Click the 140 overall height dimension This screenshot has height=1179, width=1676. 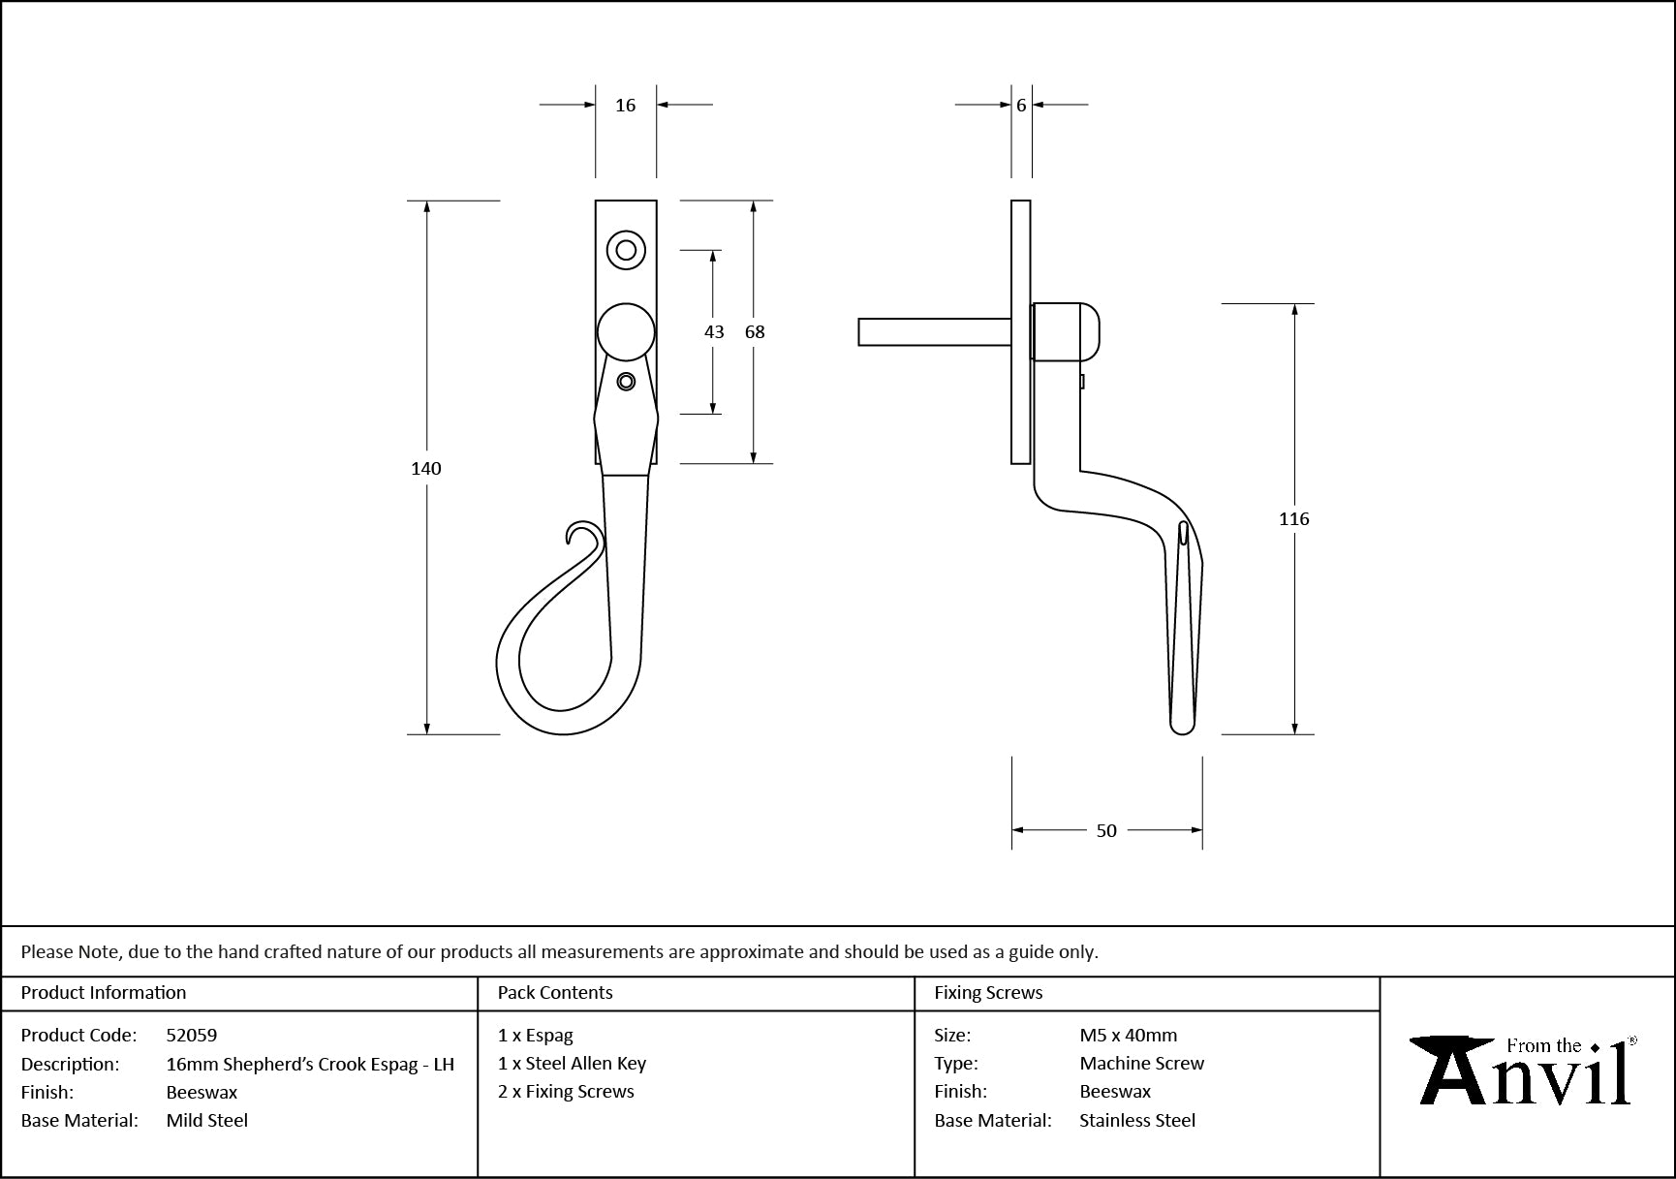coord(425,469)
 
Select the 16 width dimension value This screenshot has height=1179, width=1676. coord(625,106)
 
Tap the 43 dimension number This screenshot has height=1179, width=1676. coord(714,332)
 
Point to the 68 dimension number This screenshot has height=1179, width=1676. coord(755,332)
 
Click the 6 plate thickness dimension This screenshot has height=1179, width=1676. coord(1021,106)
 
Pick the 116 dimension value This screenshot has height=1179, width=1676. coord(1293,519)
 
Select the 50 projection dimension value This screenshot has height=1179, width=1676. coord(1106,831)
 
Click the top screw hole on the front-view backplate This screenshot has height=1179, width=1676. coord(626,251)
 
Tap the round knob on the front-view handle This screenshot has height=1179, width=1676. coord(626,331)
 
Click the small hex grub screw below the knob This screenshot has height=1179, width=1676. coord(626,382)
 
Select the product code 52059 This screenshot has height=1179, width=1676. coord(192,1036)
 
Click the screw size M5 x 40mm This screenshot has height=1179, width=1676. coord(1128,1036)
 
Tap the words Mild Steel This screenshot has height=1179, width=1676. coord(206,1121)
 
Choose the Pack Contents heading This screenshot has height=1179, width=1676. coord(555,993)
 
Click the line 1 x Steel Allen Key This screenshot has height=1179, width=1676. coord(572,1064)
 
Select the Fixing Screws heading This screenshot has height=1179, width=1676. coord(988,993)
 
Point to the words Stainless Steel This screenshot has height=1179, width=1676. coord(1137,1121)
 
